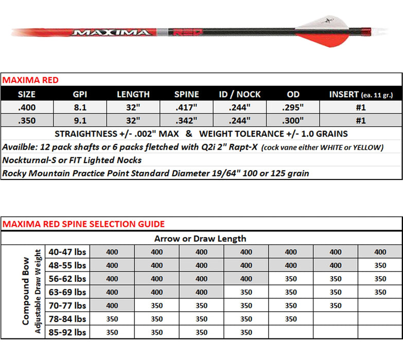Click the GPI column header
pos(80,95)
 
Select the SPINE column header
pos(186,95)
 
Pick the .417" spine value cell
pos(186,107)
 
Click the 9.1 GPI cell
pos(80,121)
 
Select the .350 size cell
pos(27,121)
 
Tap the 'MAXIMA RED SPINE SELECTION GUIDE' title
pos(84,224)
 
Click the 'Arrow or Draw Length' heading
pos(200,239)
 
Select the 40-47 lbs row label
pos(67,252)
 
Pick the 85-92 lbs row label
pos(67,332)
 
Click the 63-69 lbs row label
pos(67,292)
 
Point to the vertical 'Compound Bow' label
pos(26,292)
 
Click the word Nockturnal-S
pos(27,160)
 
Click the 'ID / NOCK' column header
pos(240,95)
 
